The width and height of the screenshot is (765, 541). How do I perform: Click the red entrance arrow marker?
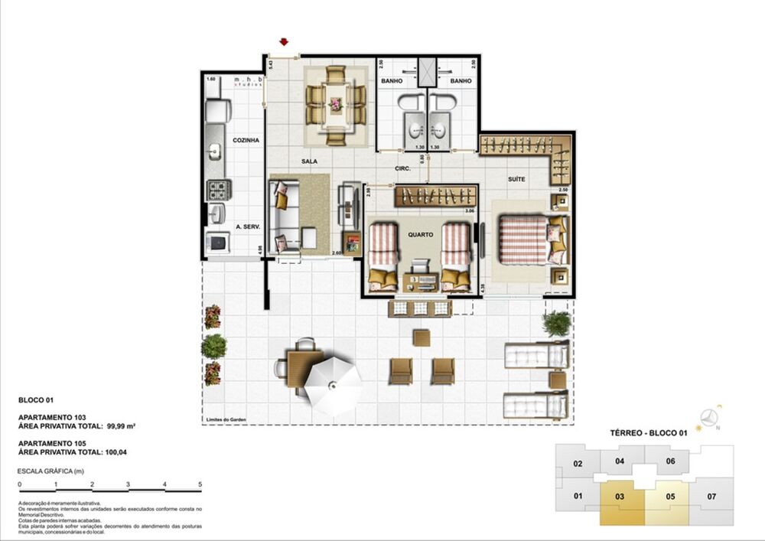point(285,43)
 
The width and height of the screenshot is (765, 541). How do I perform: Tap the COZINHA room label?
point(246,141)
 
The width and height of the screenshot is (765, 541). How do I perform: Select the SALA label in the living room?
point(309,161)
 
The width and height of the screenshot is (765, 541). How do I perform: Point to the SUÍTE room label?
point(516,179)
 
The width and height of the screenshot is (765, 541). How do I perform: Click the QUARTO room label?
point(421,235)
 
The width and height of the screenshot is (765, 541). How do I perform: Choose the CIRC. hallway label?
point(404,168)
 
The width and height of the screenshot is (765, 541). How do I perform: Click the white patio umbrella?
point(333,386)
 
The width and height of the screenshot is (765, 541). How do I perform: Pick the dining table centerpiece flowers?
point(335,103)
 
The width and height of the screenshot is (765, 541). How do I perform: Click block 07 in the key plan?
point(711,497)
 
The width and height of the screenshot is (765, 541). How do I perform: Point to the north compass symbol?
point(711,418)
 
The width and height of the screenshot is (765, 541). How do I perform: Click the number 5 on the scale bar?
point(200,485)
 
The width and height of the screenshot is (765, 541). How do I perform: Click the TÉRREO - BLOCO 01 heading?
point(649,434)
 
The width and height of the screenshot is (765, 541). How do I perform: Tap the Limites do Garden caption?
point(227,419)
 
